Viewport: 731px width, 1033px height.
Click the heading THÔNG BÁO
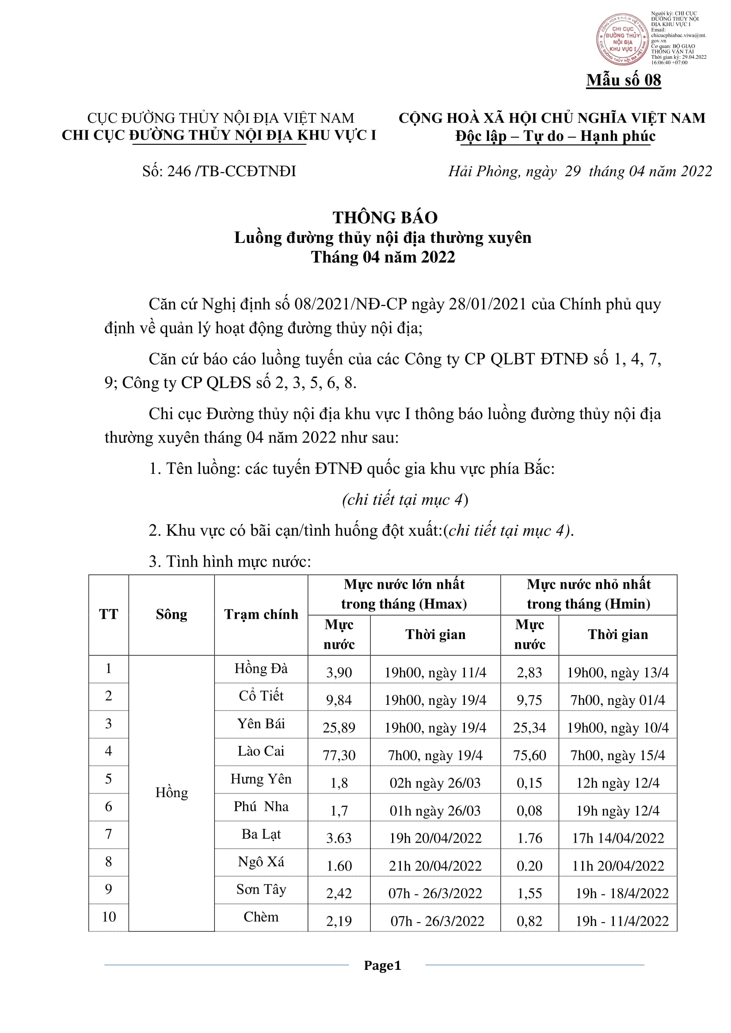(385, 218)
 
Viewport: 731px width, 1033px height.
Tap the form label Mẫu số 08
(624, 80)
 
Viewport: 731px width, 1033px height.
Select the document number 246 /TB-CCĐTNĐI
(219, 171)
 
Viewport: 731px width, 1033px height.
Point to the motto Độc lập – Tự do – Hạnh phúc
(555, 136)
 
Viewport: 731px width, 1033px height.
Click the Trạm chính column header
(261, 614)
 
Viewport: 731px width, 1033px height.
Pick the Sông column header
(171, 614)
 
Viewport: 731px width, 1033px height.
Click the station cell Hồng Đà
(261, 669)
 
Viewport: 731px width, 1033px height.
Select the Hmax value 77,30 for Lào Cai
(339, 755)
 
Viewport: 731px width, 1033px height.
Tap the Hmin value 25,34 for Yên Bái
(529, 727)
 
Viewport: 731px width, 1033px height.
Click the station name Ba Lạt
(261, 834)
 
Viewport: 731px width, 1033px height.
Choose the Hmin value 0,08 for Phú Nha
(529, 811)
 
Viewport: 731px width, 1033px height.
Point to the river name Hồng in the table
(171, 792)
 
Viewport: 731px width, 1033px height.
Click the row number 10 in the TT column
(108, 916)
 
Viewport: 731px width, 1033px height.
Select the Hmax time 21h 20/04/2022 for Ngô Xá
(435, 866)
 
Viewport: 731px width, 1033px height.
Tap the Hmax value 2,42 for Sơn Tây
(339, 893)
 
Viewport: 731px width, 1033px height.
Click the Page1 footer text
(382, 965)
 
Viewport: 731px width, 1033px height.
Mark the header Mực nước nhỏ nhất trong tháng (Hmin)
(588, 594)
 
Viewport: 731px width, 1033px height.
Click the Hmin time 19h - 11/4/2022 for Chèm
(622, 921)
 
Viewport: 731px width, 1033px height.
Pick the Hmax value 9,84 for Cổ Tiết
(339, 700)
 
